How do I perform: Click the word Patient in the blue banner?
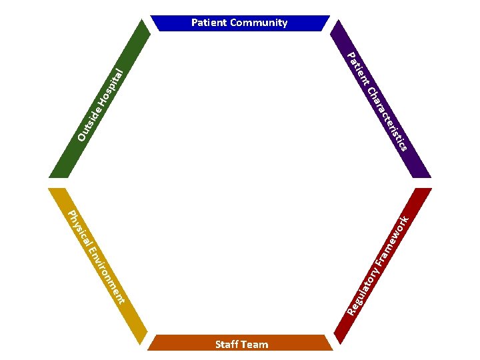click(x=209, y=23)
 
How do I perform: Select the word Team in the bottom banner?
click(x=255, y=344)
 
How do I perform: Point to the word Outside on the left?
click(x=89, y=124)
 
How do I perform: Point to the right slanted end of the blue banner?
click(x=325, y=23)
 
